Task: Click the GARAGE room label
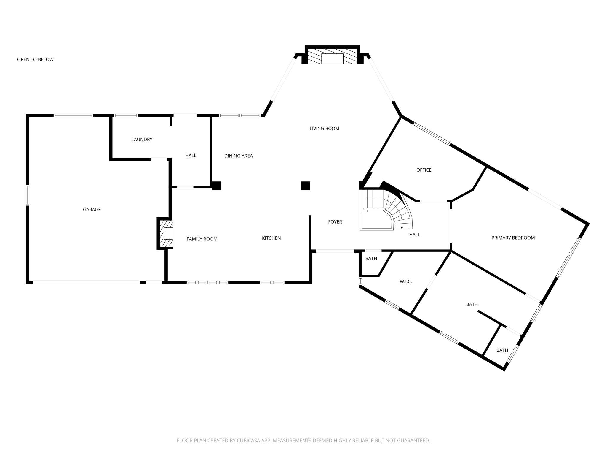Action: [x=92, y=210]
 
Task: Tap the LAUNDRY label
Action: [x=142, y=139]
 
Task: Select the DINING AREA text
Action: [x=238, y=156]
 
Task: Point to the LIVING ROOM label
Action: [x=324, y=129]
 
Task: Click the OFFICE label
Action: [x=424, y=170]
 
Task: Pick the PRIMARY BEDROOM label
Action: [x=513, y=238]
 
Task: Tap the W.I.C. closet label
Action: [x=405, y=281]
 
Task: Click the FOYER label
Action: [x=335, y=222]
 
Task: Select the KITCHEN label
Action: [x=271, y=238]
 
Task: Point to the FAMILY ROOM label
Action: [x=202, y=239]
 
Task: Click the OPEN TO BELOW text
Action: [x=35, y=59]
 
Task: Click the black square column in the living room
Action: [x=305, y=186]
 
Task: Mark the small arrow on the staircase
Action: [x=402, y=228]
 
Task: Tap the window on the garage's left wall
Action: [x=28, y=195]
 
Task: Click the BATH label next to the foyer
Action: [x=371, y=259]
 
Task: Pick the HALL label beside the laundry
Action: [x=191, y=155]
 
